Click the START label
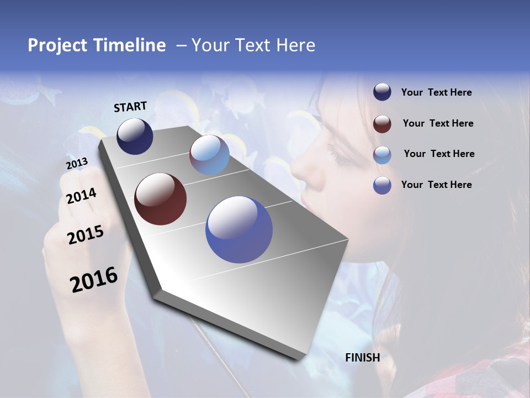130,107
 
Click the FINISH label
362,357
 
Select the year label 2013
77,164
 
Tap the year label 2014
81,196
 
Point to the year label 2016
94,280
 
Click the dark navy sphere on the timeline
135,137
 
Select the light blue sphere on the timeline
209,155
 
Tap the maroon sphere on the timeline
160,199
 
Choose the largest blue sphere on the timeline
239,229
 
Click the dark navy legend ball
382,92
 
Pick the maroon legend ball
382,123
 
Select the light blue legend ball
382,154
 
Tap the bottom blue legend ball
382,185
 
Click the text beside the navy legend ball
436,92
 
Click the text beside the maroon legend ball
438,123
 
